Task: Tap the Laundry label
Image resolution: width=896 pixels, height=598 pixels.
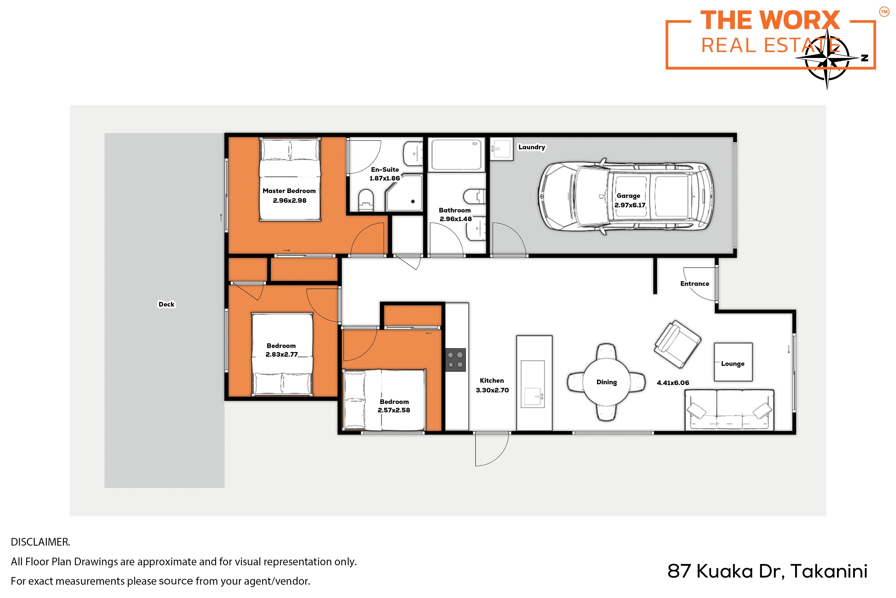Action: tap(532, 147)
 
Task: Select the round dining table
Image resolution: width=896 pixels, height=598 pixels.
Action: tap(606, 382)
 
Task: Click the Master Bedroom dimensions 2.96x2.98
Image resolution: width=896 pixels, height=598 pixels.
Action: tap(290, 201)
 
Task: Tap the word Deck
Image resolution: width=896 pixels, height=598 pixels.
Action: tap(167, 304)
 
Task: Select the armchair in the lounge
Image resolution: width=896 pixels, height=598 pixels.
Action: tap(677, 344)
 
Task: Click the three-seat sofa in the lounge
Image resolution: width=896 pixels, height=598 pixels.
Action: tap(729, 410)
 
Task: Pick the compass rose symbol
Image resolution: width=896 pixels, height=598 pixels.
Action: tap(827, 58)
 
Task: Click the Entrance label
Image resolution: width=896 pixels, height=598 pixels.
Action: tap(694, 284)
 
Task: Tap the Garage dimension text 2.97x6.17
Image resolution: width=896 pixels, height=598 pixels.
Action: tap(630, 205)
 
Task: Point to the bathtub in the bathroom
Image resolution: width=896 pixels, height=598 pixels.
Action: tap(456, 154)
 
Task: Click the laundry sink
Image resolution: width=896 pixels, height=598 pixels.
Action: tap(501, 149)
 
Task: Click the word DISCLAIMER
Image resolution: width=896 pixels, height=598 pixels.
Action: tap(40, 542)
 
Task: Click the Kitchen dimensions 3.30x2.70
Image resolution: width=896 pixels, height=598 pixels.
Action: tap(492, 390)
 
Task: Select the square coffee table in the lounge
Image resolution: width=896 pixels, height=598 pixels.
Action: tap(733, 362)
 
